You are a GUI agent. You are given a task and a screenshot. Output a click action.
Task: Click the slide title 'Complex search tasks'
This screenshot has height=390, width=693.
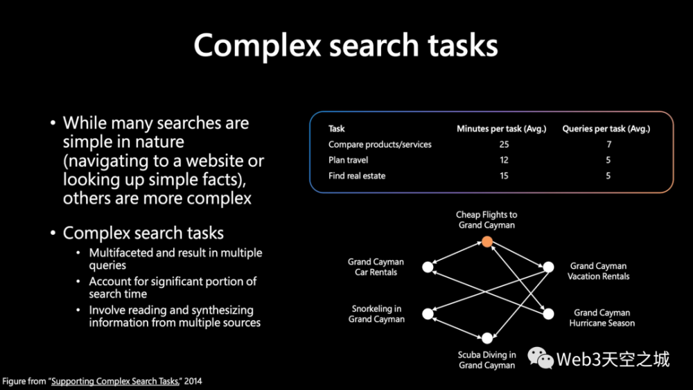point(346,46)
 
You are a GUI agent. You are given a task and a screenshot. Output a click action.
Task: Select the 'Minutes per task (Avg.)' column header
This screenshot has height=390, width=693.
point(501,129)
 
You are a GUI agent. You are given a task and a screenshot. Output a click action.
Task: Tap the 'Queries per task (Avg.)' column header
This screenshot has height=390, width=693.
point(606,129)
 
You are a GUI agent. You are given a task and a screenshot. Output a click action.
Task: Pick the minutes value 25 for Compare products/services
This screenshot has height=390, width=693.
point(504,144)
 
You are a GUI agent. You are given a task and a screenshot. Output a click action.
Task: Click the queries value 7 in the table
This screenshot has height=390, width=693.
point(608,144)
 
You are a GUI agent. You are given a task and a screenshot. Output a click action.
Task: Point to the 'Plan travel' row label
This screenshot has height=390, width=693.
point(348,160)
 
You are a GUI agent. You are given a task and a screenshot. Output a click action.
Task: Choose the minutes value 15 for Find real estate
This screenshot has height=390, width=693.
point(504,176)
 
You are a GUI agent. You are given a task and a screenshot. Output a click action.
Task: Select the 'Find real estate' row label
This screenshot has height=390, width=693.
point(357,176)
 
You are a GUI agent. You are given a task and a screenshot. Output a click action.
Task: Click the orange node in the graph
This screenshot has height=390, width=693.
point(487,242)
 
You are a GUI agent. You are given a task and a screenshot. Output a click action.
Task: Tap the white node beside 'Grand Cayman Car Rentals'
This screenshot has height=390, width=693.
point(428,267)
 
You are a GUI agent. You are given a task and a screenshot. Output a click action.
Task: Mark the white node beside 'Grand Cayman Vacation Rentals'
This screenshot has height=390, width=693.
point(548,267)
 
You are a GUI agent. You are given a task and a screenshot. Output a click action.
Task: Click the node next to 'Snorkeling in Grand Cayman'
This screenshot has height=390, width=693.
point(428,314)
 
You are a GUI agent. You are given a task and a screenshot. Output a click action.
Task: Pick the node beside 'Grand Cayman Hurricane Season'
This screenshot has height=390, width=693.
point(548,314)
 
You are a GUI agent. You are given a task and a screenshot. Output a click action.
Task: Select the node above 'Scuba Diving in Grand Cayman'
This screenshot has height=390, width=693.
point(487,338)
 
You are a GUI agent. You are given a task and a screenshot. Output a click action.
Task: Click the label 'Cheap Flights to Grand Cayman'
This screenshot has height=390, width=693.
point(486,220)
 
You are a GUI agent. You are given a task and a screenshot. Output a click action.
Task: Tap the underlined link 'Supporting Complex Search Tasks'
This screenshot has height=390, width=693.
point(115,381)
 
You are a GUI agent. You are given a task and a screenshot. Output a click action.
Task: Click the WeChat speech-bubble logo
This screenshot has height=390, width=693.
point(540,357)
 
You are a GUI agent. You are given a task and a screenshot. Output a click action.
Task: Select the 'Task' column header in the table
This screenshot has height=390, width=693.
point(336,129)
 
